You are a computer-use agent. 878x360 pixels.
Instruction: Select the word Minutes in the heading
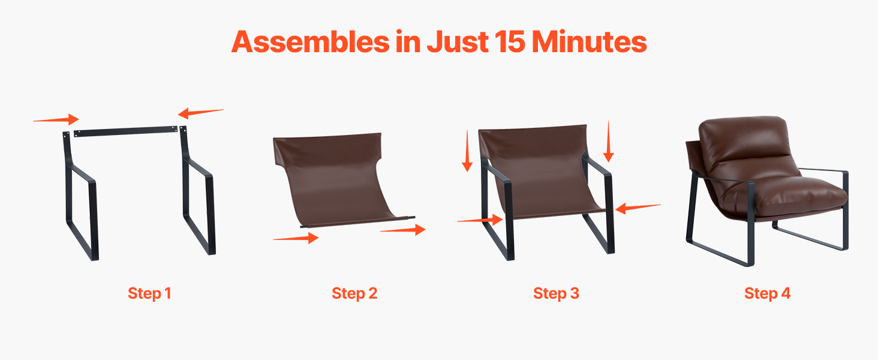(590, 41)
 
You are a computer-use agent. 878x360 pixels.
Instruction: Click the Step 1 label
(149, 293)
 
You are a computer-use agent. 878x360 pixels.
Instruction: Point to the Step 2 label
(354, 293)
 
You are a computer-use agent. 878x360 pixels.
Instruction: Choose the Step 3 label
(556, 293)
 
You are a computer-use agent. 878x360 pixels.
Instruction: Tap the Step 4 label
(768, 293)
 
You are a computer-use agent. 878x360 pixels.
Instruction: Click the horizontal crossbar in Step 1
(125, 131)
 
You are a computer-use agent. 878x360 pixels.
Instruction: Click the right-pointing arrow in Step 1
(56, 119)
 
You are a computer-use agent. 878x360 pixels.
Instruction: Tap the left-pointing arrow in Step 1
(201, 113)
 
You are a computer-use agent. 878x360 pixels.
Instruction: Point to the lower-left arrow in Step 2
(296, 238)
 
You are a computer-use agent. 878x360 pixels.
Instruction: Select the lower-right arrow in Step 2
(403, 230)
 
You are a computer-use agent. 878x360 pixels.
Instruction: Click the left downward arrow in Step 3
(467, 151)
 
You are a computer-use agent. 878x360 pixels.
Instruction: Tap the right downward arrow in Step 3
(608, 142)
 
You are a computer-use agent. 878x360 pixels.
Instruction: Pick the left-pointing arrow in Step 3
(638, 208)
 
